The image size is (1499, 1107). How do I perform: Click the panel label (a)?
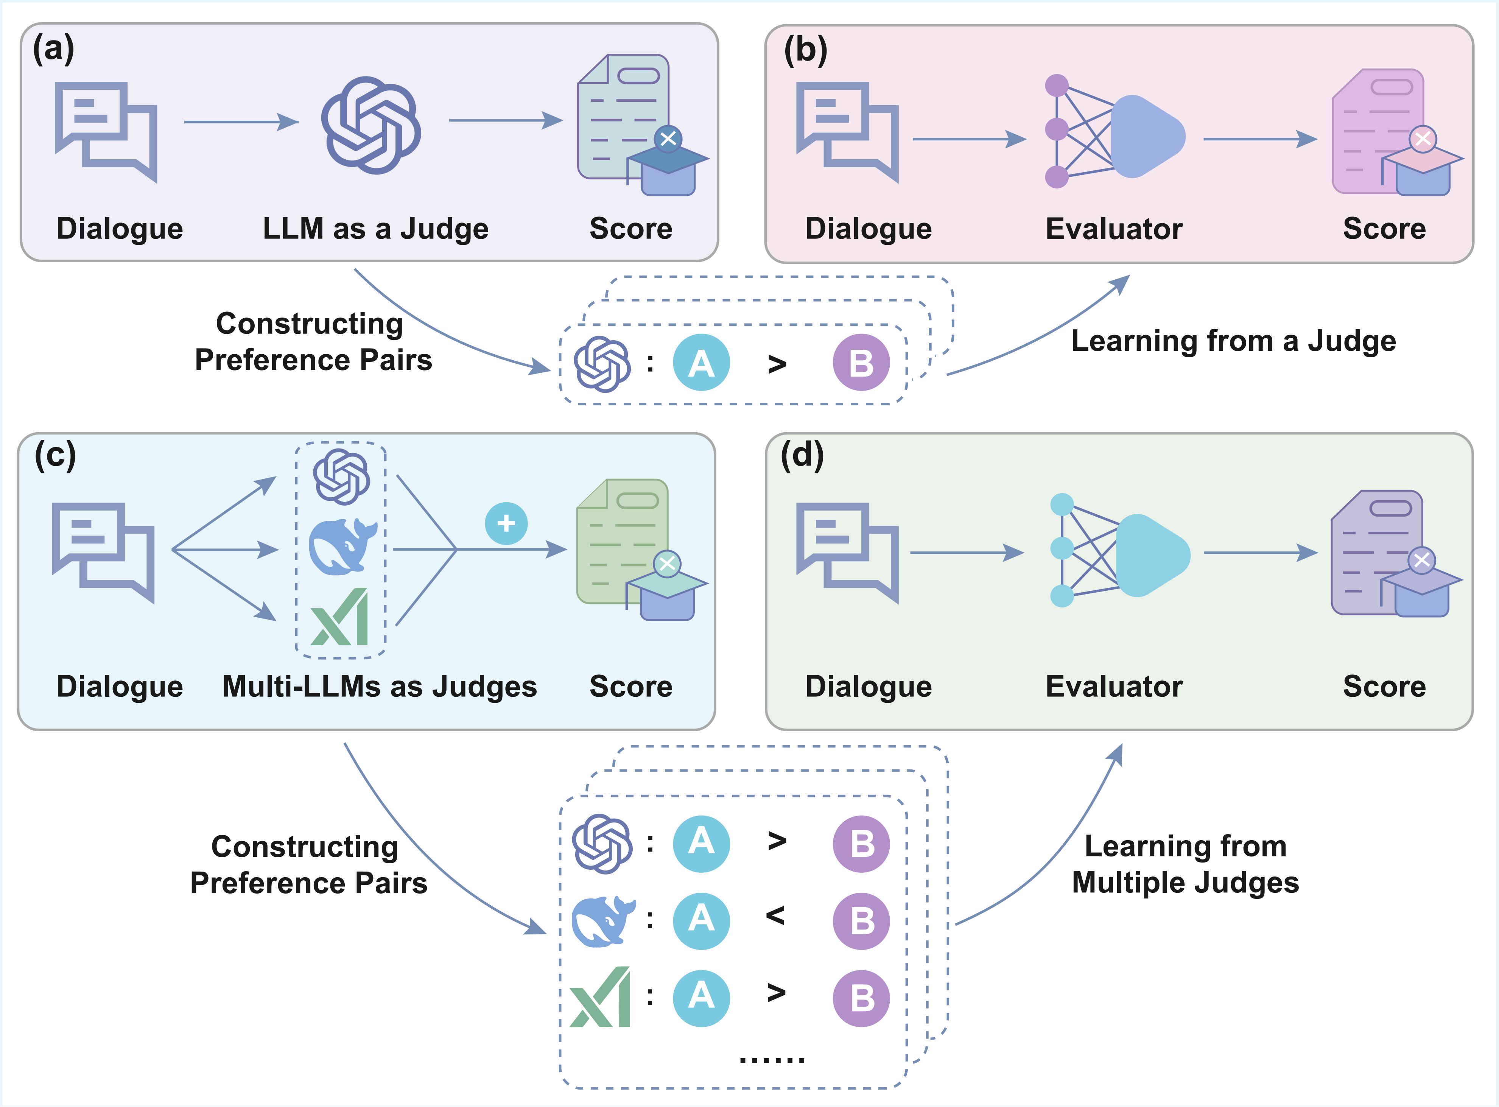pos(54,50)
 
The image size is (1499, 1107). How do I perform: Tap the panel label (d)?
pos(802,456)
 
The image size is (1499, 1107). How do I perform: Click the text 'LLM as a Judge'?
pos(375,229)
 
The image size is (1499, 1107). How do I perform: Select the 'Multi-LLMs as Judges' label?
pos(379,686)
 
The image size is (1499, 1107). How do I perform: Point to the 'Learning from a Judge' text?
pos(1233,341)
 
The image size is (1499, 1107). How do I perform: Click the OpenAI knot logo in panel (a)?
pos(371,125)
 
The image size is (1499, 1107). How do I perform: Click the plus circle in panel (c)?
pos(506,523)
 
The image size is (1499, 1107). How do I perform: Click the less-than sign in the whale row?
pos(775,915)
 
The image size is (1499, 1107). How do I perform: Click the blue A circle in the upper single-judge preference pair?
pos(701,363)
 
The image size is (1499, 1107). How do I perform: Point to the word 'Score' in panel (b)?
pos(1384,229)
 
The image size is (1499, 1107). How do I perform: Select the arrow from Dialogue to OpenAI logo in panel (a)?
pos(241,122)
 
